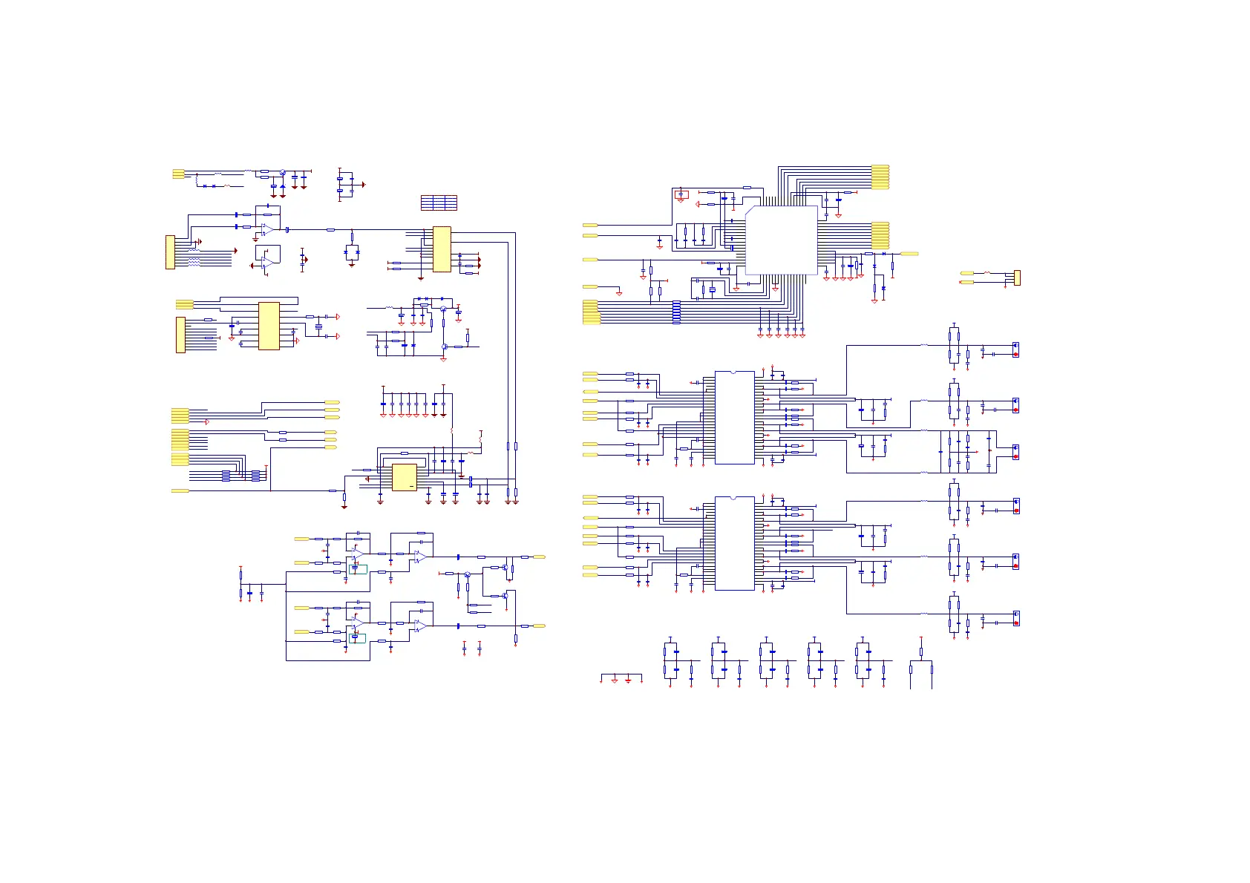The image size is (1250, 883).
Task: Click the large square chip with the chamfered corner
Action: tap(781, 240)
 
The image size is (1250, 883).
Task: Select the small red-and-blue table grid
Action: tap(439, 203)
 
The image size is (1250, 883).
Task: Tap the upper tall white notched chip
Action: tap(734, 418)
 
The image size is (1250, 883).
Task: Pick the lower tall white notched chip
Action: tap(734, 543)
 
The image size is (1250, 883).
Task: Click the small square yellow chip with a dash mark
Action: tap(404, 477)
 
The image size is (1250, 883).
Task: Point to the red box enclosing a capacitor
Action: tap(681, 194)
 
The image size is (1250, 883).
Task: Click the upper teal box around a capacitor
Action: tap(358, 569)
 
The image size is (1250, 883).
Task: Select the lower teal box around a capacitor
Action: tap(357, 637)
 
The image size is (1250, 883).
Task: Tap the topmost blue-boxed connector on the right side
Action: tap(1015, 349)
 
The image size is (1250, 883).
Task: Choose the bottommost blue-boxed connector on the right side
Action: tap(1015, 618)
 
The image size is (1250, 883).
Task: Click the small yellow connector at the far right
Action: tap(1017, 278)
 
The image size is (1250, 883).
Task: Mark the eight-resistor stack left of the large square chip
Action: tap(676, 312)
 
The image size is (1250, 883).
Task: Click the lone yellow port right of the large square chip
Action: tap(909, 254)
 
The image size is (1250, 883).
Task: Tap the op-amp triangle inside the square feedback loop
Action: tap(268, 262)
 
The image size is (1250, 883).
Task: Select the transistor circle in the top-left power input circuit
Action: tap(283, 172)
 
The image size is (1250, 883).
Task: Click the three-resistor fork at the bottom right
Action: tap(920, 664)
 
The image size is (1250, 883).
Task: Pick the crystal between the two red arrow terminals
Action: tap(318, 326)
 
